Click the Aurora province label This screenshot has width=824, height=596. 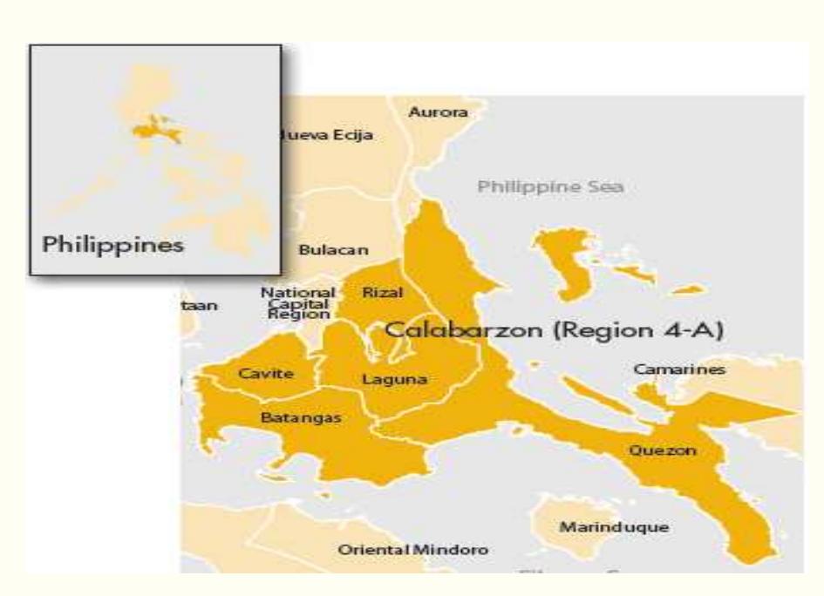439,113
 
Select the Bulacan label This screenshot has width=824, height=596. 333,249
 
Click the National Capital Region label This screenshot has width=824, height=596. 297,303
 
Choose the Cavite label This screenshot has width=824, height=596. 265,374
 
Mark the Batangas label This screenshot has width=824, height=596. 301,418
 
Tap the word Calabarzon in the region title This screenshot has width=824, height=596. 457,331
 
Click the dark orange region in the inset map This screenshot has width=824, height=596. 156,134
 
